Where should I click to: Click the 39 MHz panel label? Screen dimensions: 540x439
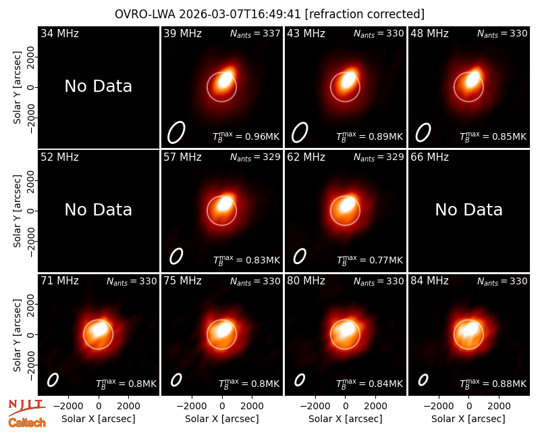click(182, 33)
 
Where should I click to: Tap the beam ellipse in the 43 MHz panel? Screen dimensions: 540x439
click(300, 132)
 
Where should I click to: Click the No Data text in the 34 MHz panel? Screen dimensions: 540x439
click(98, 86)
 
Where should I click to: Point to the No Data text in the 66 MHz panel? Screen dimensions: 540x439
click(468, 209)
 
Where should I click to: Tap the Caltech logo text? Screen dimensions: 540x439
click(27, 423)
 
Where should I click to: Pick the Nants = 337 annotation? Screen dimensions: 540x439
click(255, 33)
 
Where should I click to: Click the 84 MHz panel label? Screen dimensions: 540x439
click(429, 281)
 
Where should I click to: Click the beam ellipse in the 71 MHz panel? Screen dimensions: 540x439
click(53, 380)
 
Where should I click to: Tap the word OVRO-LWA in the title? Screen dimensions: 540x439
click(145, 14)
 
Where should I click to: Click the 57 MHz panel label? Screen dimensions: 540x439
click(182, 157)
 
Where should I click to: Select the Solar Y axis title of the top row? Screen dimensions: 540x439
click(18, 88)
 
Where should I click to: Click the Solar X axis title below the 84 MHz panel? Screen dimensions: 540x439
click(468, 419)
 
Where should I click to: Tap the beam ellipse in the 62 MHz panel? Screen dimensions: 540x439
click(300, 257)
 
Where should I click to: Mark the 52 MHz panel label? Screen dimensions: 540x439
click(59, 157)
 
